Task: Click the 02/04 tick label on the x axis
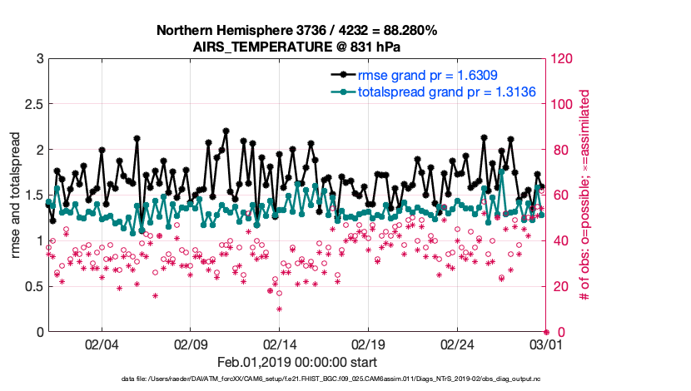click(x=102, y=344)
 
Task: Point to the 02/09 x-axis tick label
click(x=191, y=344)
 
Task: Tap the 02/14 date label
click(x=280, y=344)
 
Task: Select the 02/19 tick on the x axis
click(x=369, y=344)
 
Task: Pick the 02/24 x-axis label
click(x=457, y=344)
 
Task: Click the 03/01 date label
click(x=545, y=344)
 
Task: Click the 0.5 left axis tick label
click(x=33, y=286)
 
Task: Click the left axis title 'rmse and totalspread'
click(x=16, y=195)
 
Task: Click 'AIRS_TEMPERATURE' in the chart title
click(x=250, y=47)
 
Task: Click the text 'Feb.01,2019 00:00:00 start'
click(x=296, y=362)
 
